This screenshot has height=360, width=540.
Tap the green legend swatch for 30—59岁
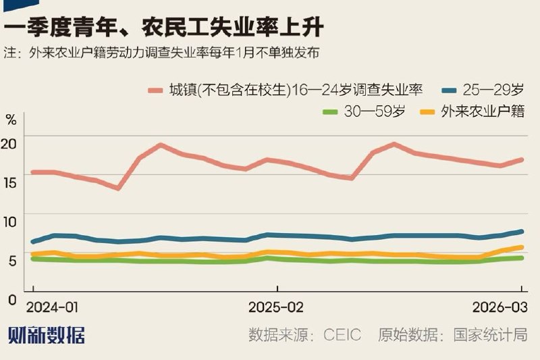tap(331, 111)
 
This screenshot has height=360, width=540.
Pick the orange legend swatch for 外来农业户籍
tap(427, 111)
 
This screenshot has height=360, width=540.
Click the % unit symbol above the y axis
tap(10, 122)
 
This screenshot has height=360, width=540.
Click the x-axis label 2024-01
tap(52, 307)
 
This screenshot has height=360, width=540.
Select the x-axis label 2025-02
tap(275, 307)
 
